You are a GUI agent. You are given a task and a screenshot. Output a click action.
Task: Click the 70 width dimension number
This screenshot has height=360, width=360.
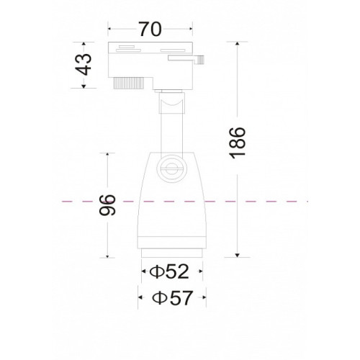click(x=150, y=29)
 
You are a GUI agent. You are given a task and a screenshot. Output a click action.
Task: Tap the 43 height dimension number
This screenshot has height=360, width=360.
click(x=84, y=64)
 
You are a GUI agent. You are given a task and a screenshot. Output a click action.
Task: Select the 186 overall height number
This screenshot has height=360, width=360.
click(x=238, y=143)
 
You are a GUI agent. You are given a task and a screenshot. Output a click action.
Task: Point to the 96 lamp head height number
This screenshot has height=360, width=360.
click(x=107, y=205)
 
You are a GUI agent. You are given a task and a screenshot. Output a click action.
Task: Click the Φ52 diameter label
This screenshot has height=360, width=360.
click(x=169, y=271)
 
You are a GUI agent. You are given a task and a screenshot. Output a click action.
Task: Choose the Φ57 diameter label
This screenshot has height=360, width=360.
click(x=172, y=297)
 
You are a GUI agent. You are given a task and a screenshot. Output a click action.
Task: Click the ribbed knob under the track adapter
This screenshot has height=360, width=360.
click(x=129, y=83)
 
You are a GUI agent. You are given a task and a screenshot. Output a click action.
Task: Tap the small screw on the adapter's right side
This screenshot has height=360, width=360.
click(x=200, y=60)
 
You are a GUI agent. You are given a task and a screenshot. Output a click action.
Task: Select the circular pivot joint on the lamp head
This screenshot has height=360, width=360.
click(x=171, y=168)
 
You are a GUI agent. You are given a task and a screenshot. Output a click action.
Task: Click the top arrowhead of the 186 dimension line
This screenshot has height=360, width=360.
click(x=237, y=43)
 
